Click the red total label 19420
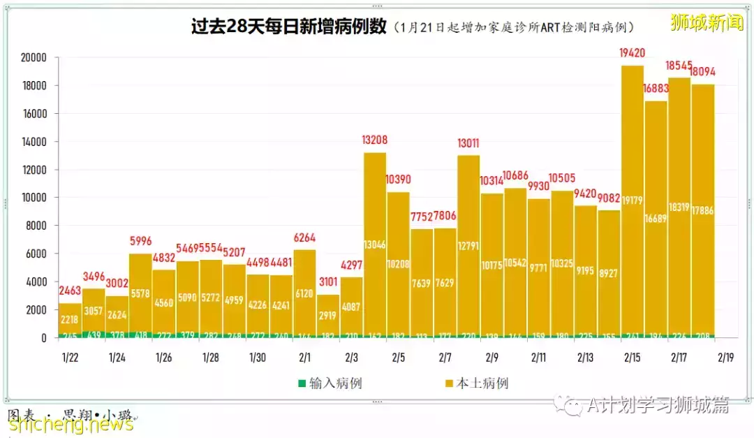click(x=632, y=52)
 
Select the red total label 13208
click(x=375, y=140)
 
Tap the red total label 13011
click(x=468, y=143)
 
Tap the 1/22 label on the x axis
click(x=71, y=358)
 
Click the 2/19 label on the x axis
click(x=726, y=358)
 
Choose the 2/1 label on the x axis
click(x=304, y=358)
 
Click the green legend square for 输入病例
click(x=302, y=383)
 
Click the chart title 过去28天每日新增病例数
click(x=288, y=27)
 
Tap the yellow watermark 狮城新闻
click(x=707, y=22)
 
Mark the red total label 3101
click(x=328, y=282)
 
